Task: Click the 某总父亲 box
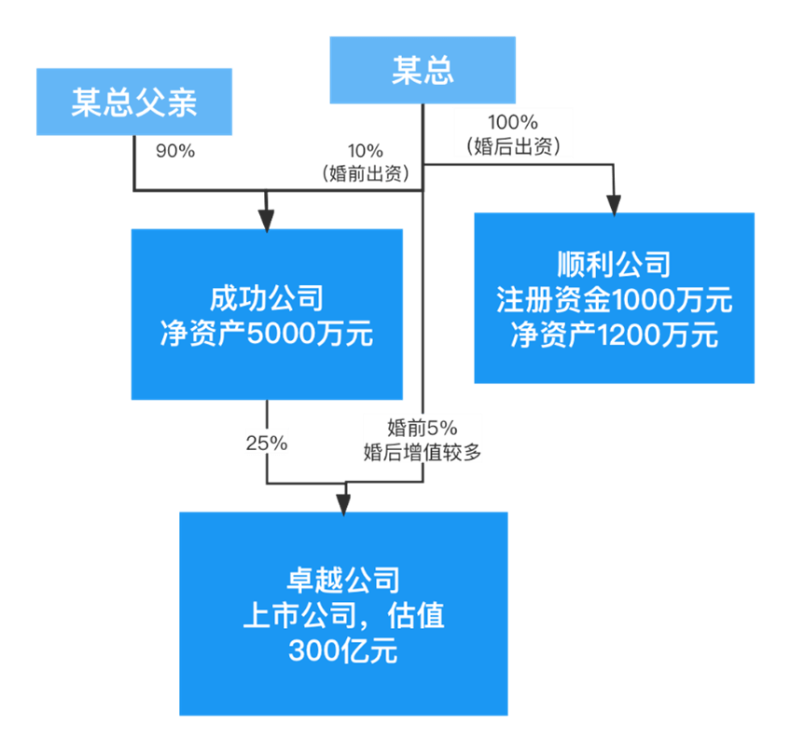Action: [x=134, y=102]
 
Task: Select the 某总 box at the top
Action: [x=423, y=70]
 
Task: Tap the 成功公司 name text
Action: [x=267, y=299]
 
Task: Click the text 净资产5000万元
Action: [x=267, y=334]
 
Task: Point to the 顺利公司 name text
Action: [x=614, y=264]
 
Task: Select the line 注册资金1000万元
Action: [x=614, y=300]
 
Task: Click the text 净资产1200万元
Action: [x=614, y=335]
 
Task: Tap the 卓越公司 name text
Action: [x=343, y=580]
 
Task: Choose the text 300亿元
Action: [x=343, y=650]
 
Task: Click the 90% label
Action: [x=175, y=151]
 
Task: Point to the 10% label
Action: [x=365, y=151]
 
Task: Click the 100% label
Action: [x=512, y=122]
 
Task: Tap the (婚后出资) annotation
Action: [x=512, y=144]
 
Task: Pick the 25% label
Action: [x=266, y=443]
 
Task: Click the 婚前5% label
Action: [x=423, y=427]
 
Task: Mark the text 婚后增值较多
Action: [x=423, y=451]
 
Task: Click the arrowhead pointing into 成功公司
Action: [x=267, y=220]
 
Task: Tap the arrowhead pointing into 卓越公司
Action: [x=343, y=502]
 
